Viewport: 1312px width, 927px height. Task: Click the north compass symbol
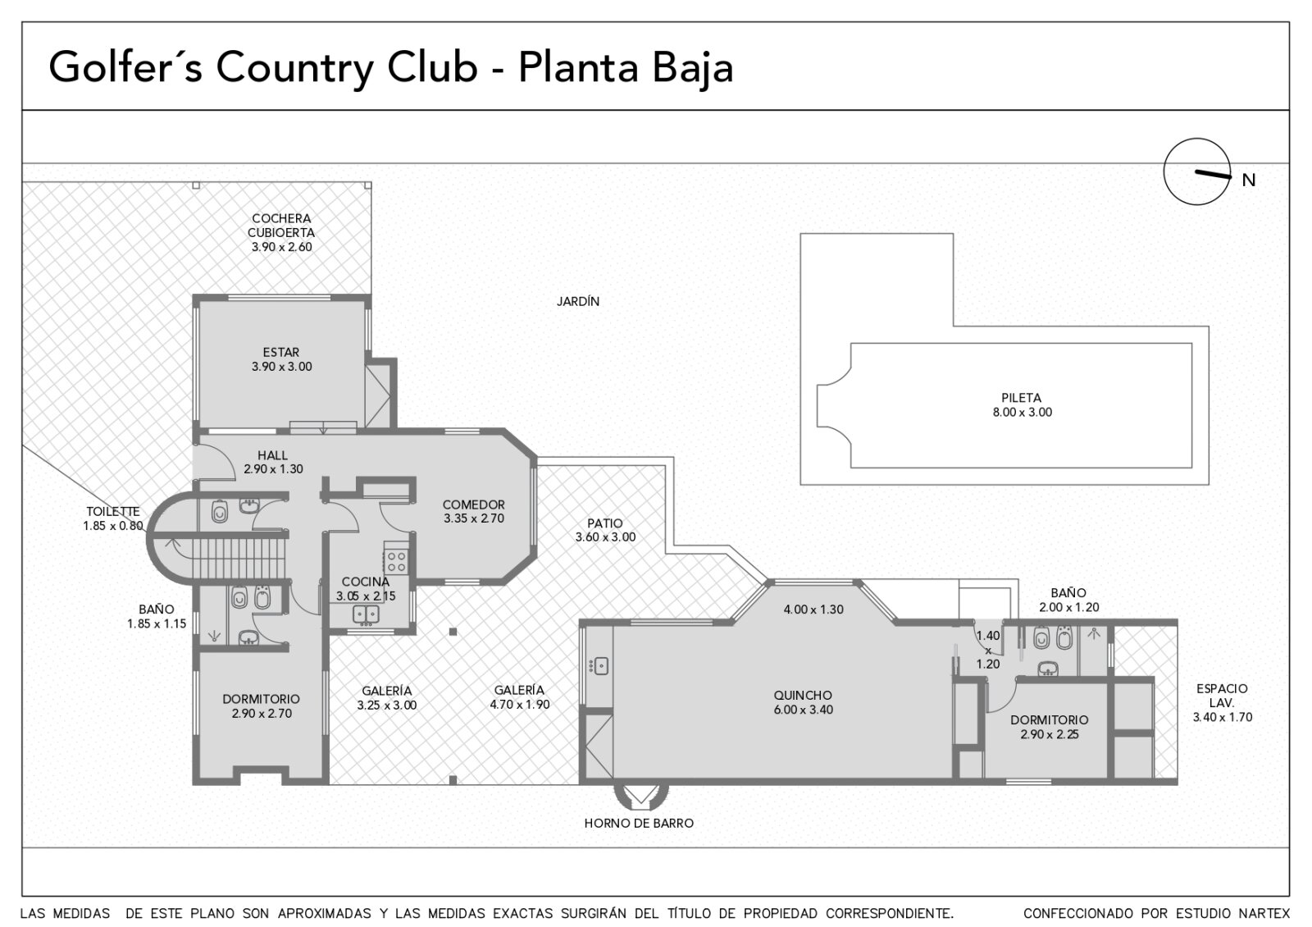pos(1196,171)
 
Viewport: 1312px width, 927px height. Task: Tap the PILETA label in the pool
pos(1022,398)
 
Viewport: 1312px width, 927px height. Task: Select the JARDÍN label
pos(577,301)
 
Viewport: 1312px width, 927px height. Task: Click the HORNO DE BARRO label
pos(639,824)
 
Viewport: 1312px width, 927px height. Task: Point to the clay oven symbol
pos(640,795)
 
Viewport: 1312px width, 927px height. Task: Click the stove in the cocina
pos(396,559)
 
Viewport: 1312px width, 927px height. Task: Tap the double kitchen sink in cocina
pos(366,614)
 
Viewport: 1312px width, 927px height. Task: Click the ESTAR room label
pos(281,352)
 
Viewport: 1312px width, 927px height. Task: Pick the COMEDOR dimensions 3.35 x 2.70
pos(474,518)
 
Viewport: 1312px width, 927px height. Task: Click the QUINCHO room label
pos(803,695)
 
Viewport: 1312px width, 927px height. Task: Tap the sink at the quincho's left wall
pos(599,666)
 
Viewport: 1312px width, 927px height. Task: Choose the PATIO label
pos(605,523)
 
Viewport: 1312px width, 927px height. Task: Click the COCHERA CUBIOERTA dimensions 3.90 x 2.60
pos(282,247)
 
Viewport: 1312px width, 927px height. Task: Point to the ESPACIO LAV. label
pos(1222,696)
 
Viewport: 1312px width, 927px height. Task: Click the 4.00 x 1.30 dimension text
pos(813,610)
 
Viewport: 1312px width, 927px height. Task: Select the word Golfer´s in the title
pos(126,67)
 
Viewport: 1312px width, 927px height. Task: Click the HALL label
pos(272,454)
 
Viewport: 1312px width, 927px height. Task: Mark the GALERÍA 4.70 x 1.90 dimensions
pos(520,705)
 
